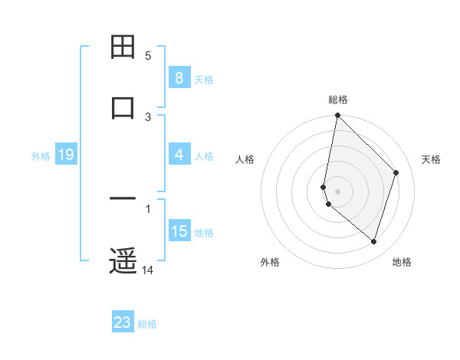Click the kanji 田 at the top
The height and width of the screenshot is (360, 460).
coord(123,47)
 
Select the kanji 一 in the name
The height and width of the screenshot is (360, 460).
coord(123,201)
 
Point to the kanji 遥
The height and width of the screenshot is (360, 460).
coord(123,261)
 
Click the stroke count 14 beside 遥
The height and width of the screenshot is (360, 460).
coord(148,270)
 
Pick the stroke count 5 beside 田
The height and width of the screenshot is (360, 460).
coord(148,56)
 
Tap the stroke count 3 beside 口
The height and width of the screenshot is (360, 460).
coord(148,116)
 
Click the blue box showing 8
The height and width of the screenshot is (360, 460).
coord(179,78)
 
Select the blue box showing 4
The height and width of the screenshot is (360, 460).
coord(179,155)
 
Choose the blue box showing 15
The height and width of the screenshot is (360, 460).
coord(179,231)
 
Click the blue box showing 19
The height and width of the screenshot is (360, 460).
coord(65,155)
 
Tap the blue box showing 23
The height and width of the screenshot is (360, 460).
coord(123,322)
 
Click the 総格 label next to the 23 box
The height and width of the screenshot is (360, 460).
coord(147,324)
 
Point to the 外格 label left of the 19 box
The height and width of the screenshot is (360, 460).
coord(41,155)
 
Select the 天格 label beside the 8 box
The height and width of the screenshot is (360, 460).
coord(204,79)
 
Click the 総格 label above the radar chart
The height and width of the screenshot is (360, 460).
coord(338,100)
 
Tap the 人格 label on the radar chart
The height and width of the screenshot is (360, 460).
coord(245,159)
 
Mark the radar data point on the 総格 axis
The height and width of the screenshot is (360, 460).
coord(337,115)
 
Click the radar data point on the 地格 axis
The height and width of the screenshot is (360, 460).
coord(373,241)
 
